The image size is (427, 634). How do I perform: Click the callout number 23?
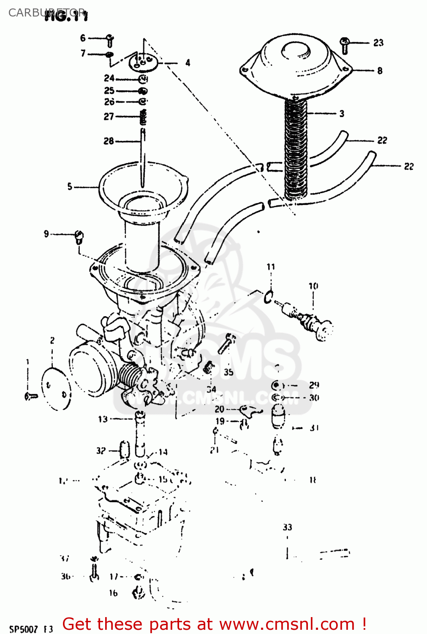coord(378,43)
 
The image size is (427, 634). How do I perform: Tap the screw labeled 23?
coord(345,45)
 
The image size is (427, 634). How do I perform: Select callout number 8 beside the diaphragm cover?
coord(380,71)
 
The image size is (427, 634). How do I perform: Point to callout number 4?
coord(188,63)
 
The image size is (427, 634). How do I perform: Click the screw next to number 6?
coord(110,41)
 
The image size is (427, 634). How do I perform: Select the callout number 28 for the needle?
coord(109,141)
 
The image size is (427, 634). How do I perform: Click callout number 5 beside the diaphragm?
coord(70,186)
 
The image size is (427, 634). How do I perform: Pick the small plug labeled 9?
coord(79,237)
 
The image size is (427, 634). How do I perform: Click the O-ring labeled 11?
coord(269,297)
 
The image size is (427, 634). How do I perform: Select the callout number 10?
coord(313,286)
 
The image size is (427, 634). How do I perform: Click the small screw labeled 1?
coord(30,396)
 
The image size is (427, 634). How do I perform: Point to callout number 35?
coord(228,372)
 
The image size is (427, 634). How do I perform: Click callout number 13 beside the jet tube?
coord(103,419)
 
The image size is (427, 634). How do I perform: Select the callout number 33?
coord(287,527)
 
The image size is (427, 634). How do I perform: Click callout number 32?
coord(101,451)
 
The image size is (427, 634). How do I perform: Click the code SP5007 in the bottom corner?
coord(24,629)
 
